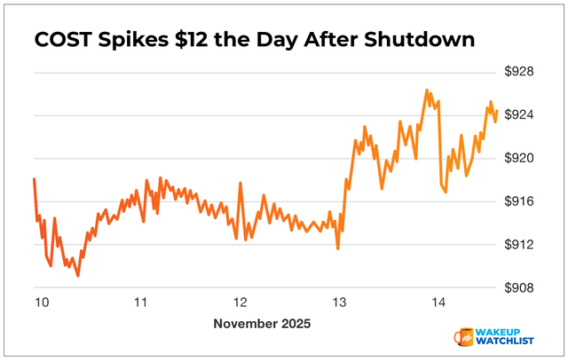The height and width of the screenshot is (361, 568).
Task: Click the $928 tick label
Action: pyautogui.click(x=519, y=72)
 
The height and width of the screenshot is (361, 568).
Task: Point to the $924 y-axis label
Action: pyautogui.click(x=519, y=115)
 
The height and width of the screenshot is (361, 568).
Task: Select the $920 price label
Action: pyautogui.click(x=519, y=158)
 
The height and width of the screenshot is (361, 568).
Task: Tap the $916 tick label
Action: pyautogui.click(x=519, y=201)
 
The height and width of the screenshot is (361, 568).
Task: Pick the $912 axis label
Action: pyautogui.click(x=519, y=245)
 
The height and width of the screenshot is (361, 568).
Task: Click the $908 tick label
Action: pyautogui.click(x=519, y=287)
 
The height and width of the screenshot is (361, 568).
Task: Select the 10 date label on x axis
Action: pyautogui.click(x=41, y=302)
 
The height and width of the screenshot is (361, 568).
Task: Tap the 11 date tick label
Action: pyautogui.click(x=140, y=302)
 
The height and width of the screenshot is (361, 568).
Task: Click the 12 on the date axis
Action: pyautogui.click(x=240, y=302)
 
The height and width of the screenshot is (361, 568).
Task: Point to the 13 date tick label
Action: pyautogui.click(x=338, y=302)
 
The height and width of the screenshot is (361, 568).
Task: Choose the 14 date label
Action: pyautogui.click(x=438, y=302)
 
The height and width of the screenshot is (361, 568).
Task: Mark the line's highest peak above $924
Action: pyautogui.click(x=426, y=90)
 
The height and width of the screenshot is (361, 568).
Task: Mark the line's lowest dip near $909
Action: pyautogui.click(x=78, y=276)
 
